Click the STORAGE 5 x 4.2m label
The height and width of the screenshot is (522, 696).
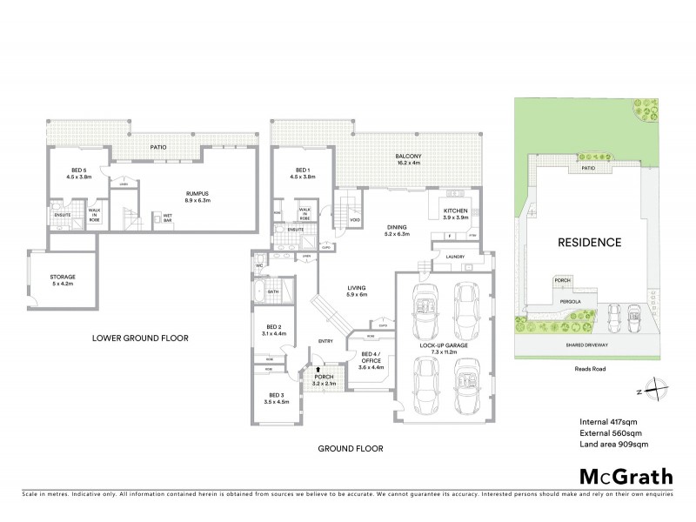click(x=63, y=280)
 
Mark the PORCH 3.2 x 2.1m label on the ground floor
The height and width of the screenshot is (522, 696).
click(x=325, y=380)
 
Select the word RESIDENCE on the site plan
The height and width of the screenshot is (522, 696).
click(x=590, y=243)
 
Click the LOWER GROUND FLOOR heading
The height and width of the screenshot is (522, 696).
click(x=141, y=338)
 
